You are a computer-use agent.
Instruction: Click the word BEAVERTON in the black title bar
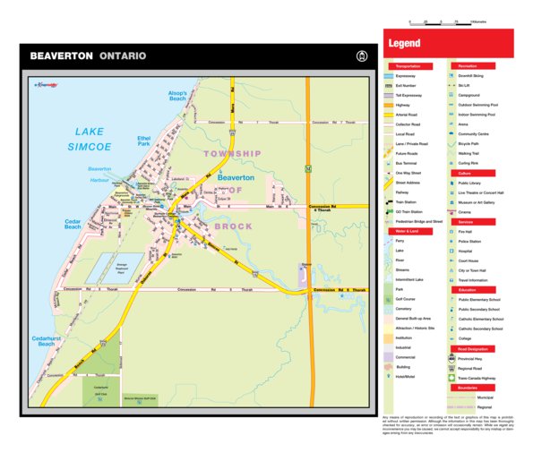coord(61,55)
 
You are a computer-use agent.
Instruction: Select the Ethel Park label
coord(143,141)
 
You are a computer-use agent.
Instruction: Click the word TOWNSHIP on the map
coord(231,154)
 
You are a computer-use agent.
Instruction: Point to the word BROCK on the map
coord(234,226)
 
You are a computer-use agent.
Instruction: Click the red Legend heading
coord(404,44)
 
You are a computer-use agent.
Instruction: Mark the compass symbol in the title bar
coord(362,55)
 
